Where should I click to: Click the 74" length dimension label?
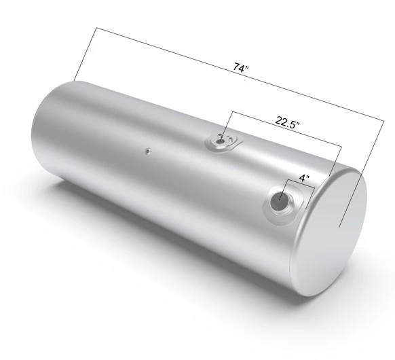(241, 67)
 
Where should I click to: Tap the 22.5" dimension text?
(288, 122)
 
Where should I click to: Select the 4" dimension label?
(305, 178)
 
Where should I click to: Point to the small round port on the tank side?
(147, 151)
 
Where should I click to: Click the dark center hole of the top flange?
(220, 142)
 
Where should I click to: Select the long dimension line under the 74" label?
(240, 74)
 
